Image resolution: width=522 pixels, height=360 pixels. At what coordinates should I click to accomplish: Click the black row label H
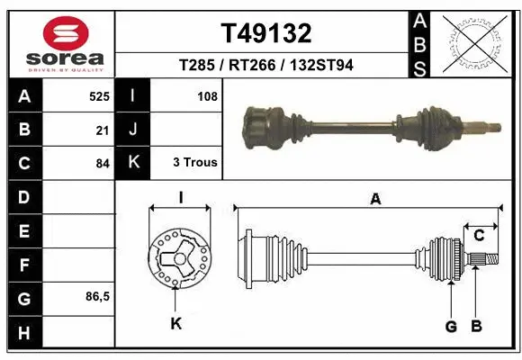[x=23, y=333]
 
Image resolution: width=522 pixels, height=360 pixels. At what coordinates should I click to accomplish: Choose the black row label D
[x=23, y=196]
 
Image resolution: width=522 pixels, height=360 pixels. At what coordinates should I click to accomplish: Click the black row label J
[x=133, y=130]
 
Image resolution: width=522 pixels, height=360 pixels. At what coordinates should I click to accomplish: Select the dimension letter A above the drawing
[x=375, y=200]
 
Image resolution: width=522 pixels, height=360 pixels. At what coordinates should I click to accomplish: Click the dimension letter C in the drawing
[x=480, y=236]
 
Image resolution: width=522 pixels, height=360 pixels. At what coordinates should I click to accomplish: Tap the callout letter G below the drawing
[x=451, y=326]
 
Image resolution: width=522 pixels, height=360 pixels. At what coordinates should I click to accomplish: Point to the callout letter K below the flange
[x=175, y=322]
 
